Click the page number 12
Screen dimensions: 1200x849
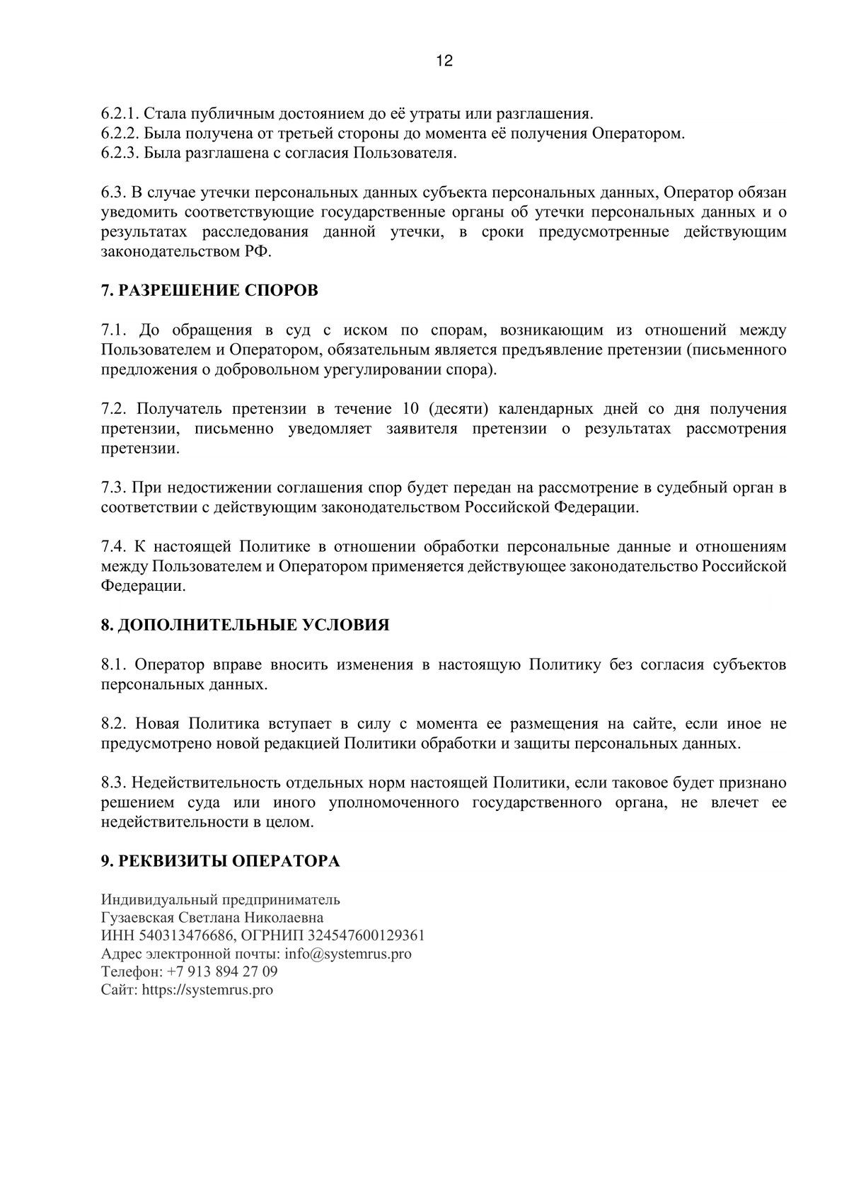point(444,61)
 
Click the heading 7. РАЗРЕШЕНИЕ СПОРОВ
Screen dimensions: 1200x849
point(209,291)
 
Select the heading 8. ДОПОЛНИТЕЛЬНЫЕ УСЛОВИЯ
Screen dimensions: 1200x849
point(245,625)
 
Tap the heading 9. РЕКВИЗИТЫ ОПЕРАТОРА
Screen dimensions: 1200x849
point(220,861)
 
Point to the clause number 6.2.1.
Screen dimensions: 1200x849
point(120,114)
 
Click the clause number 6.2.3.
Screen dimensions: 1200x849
point(120,154)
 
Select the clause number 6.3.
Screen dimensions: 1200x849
point(113,193)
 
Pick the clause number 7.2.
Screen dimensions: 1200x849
point(113,409)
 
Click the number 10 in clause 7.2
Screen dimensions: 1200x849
point(410,409)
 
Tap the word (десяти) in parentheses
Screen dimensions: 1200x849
point(458,409)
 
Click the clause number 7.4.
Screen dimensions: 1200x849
point(113,547)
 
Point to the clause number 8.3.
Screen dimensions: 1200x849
point(113,783)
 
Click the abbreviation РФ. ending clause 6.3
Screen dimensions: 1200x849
point(261,252)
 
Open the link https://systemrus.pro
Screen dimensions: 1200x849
point(207,990)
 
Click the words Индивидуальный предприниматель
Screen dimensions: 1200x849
point(220,900)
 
